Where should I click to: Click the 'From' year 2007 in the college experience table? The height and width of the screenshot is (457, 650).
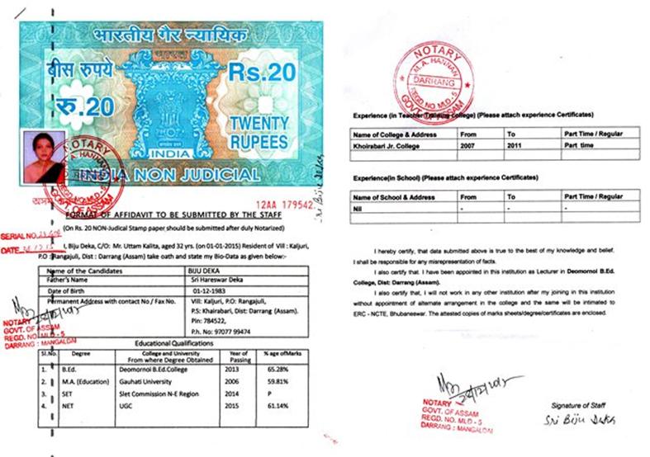click(470, 144)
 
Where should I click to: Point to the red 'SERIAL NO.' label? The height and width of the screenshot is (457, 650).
click(21, 233)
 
